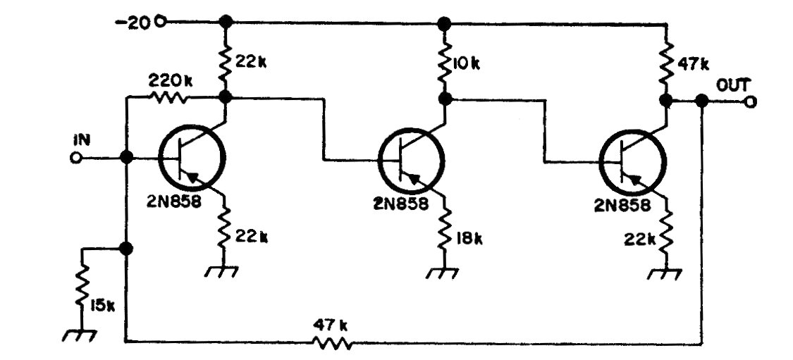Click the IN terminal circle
(76, 158)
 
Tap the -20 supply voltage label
(135, 23)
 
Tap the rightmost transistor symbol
(632, 160)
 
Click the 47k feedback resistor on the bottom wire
(331, 343)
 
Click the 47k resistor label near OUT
(693, 64)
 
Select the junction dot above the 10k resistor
(444, 23)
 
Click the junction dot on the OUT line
(701, 101)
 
